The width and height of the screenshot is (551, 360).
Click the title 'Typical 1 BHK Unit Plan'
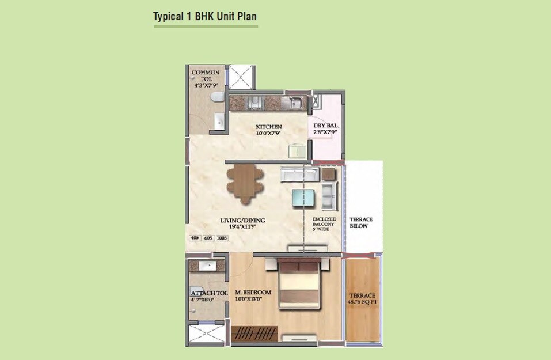click(204, 17)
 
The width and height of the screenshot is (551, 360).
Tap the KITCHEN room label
click(269, 127)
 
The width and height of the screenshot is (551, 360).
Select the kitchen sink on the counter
click(295, 104)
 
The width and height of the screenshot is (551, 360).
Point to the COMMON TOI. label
click(206, 73)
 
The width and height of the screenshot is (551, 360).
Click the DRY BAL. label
click(326, 126)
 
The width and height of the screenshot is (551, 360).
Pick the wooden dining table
click(244, 184)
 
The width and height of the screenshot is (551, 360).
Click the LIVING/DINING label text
click(242, 220)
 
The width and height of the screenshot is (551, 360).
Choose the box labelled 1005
click(222, 238)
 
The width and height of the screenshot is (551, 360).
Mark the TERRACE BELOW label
click(361, 222)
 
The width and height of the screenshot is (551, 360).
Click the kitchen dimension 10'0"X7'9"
click(269, 134)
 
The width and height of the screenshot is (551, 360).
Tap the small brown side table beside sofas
click(329, 173)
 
